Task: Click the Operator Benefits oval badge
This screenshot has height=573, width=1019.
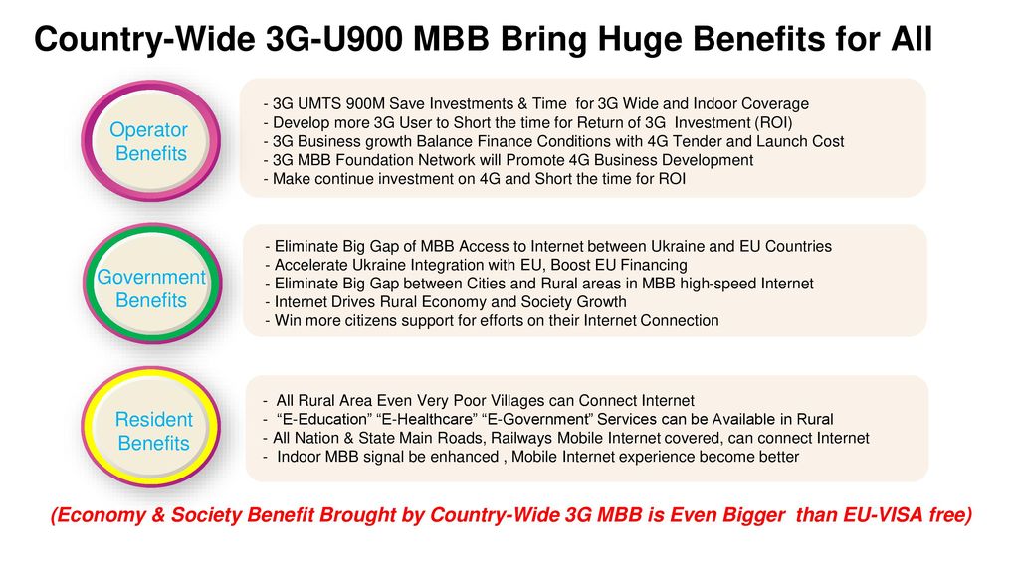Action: [x=151, y=141]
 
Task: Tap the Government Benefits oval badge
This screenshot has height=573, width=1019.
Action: [x=152, y=284]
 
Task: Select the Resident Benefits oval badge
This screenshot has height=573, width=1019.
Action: [x=151, y=427]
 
